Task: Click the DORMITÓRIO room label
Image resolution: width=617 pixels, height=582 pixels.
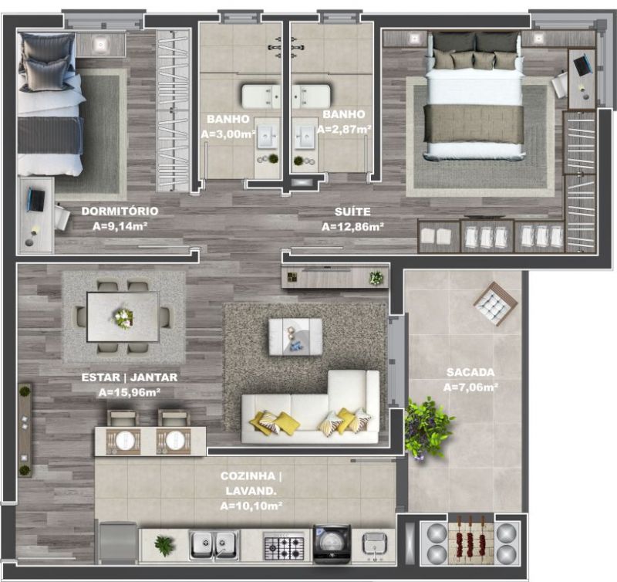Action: pos(120,211)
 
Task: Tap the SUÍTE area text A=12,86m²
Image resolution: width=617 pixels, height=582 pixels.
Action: pos(352,227)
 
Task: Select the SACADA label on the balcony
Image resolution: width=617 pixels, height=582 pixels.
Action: pos(470,372)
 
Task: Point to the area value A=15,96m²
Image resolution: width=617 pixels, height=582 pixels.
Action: pos(129,392)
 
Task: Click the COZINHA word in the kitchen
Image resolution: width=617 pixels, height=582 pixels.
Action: pos(248,476)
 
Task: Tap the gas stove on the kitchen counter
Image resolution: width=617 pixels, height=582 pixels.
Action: pos(284,546)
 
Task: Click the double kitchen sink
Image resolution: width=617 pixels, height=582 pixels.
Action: pos(214,545)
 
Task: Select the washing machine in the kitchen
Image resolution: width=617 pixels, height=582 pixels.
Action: pos(332,544)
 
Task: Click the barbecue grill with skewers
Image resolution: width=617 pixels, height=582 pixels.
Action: pos(470,539)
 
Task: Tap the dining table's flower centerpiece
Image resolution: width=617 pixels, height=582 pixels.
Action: pos(123,317)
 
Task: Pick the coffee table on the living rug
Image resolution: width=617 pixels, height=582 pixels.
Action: pos(295,337)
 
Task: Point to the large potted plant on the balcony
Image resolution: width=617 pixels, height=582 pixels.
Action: pos(427,428)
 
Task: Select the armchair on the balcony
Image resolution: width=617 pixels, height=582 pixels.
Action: pos(495,303)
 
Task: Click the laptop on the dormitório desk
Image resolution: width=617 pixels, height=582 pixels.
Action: pos(38,200)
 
